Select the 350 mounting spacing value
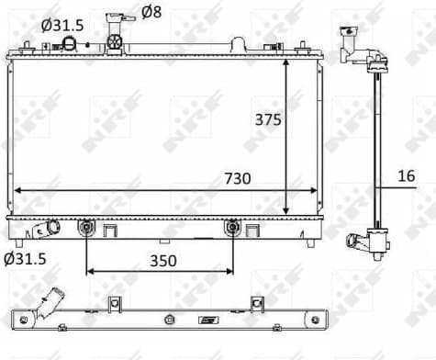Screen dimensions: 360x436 point(162,260)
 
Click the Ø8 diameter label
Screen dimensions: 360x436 point(152,13)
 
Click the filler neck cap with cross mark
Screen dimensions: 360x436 point(115,42)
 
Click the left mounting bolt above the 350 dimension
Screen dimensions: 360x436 point(86,226)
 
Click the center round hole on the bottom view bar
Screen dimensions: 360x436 point(170,320)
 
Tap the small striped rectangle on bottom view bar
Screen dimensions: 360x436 point(209,320)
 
